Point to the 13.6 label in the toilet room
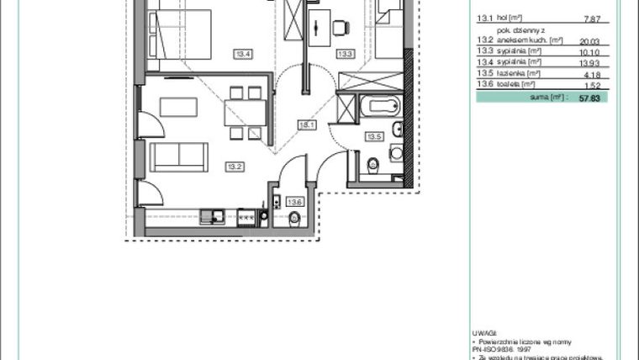[293, 202]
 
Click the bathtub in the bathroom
[380, 107]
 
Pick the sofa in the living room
[178, 156]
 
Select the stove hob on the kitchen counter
[246, 217]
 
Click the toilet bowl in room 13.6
[294, 220]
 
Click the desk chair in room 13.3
[340, 28]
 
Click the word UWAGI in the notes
[486, 332]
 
